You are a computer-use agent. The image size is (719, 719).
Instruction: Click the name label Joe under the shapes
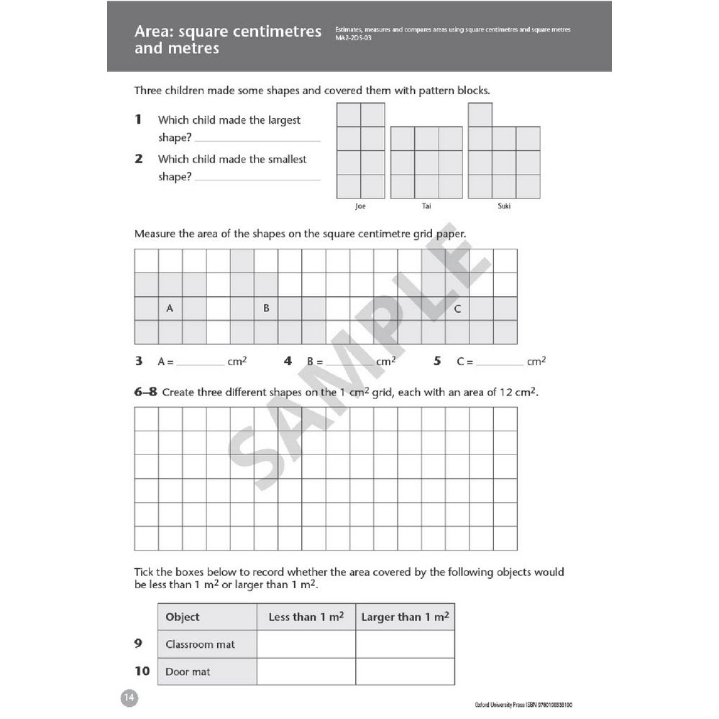click(360, 206)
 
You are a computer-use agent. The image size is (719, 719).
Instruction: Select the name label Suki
click(504, 206)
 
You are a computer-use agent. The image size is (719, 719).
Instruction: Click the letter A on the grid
click(170, 308)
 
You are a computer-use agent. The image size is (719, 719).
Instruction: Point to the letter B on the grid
click(265, 308)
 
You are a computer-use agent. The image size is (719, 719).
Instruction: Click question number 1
click(139, 119)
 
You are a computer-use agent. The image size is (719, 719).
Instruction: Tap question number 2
click(139, 159)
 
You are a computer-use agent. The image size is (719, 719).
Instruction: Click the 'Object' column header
click(183, 617)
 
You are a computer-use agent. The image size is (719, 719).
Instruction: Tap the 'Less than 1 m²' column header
click(306, 617)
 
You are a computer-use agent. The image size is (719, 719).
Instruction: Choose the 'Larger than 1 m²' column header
click(405, 617)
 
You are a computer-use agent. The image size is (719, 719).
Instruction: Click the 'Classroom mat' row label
click(200, 644)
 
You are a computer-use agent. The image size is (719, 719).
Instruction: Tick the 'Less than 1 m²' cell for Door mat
click(306, 672)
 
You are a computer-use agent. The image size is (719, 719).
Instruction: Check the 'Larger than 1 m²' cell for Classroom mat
click(405, 644)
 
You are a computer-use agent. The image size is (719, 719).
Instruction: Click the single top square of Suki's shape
click(480, 115)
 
